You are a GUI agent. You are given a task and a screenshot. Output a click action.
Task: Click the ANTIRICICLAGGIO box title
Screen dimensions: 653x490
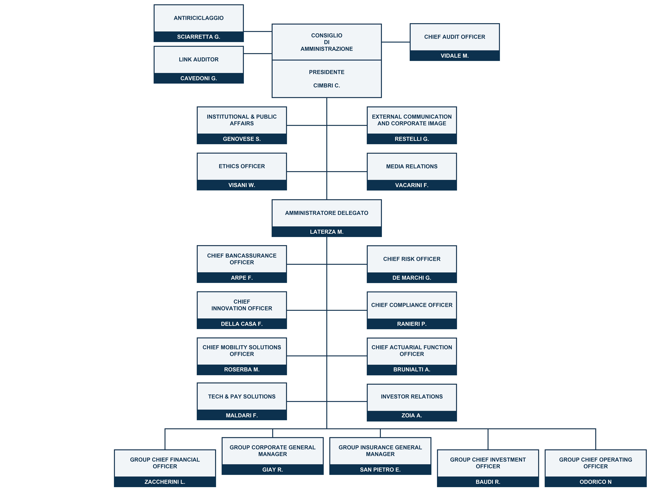pos(199,18)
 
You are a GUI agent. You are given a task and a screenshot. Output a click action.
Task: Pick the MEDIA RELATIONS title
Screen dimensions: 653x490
pos(412,166)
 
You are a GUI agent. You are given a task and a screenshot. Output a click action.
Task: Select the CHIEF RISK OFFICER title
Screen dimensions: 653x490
pos(412,259)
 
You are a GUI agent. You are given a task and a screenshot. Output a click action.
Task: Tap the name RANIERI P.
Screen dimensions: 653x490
pos(412,324)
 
